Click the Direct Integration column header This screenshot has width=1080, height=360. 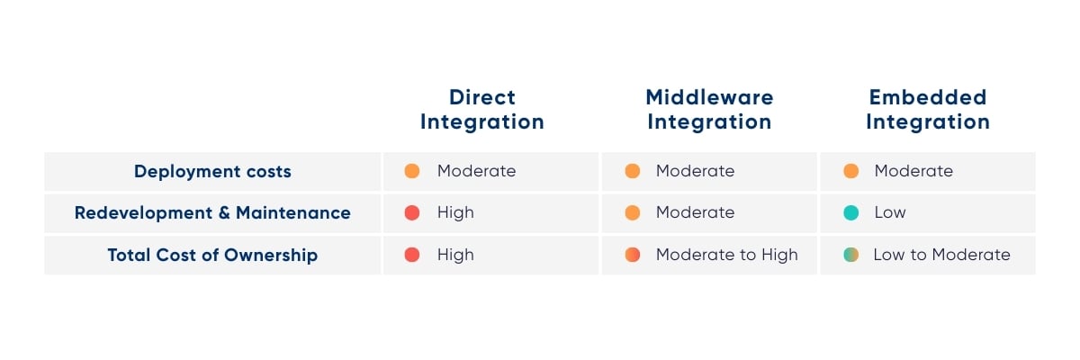coord(482,110)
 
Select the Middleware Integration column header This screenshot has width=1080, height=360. coord(709,110)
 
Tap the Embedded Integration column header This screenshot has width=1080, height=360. coord(928,110)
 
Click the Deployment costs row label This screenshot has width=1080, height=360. coord(212,172)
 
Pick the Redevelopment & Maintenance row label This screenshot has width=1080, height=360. coord(212,212)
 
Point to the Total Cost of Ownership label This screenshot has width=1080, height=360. coord(212,255)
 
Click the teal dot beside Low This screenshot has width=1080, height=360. coord(851,212)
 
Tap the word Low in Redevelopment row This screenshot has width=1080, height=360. coord(890,212)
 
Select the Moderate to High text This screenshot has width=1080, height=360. coord(726,255)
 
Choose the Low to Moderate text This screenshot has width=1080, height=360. coord(941,255)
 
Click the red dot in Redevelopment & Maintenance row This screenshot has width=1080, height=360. coord(412,212)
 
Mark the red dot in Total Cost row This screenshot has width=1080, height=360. coord(412,255)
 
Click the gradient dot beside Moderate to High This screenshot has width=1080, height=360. coord(633,255)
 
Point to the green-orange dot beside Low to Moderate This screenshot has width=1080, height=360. coord(851,255)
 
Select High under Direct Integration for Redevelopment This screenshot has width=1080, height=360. coord(455,212)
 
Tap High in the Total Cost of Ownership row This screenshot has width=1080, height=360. coord(455,255)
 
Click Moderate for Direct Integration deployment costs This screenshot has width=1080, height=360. coord(476,171)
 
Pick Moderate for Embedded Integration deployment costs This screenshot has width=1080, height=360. coord(913,171)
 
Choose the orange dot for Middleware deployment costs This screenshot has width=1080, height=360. coord(633,171)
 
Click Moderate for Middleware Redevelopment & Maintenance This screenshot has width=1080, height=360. coord(695,212)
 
